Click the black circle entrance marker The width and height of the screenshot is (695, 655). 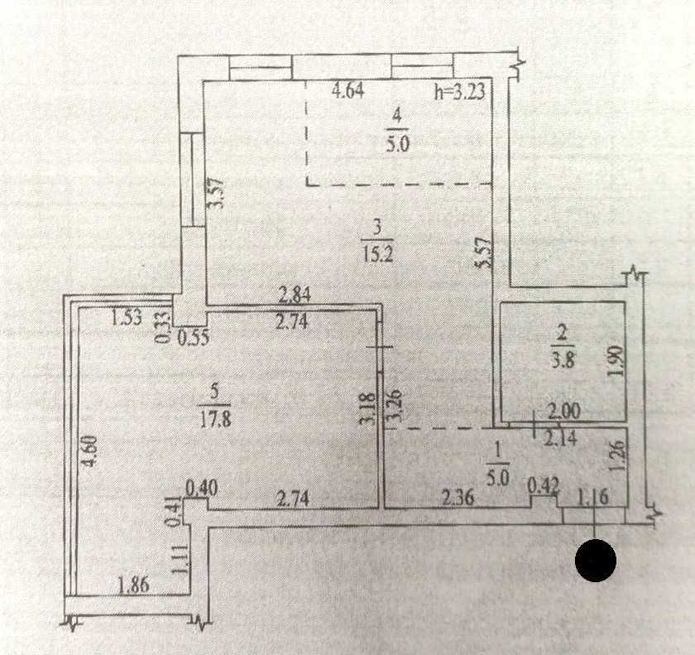pos(596,561)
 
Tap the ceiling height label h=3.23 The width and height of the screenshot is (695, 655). pos(463,92)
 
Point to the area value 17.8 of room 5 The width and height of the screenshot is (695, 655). pos(215,417)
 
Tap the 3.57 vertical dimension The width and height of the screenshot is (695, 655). pos(217,195)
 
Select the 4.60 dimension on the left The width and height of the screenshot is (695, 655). pos(91,455)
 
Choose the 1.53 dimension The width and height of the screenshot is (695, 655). pos(127,315)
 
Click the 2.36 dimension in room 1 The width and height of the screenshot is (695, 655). pos(458,498)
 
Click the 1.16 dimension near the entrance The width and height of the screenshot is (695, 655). pos(590,498)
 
